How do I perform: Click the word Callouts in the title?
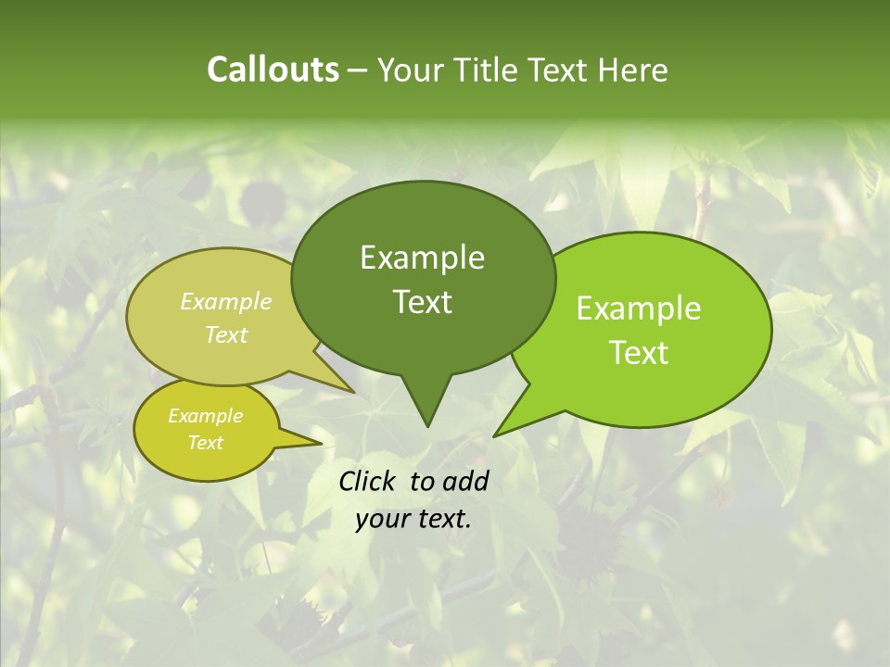click(273, 69)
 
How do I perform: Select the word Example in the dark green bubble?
click(422, 258)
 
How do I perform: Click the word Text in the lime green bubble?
click(640, 353)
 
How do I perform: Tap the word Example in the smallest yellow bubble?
click(205, 416)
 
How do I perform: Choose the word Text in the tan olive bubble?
click(226, 335)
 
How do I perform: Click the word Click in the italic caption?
click(369, 481)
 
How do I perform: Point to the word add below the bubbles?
click(466, 481)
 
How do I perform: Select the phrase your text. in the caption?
click(413, 519)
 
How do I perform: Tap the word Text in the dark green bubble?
click(422, 302)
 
